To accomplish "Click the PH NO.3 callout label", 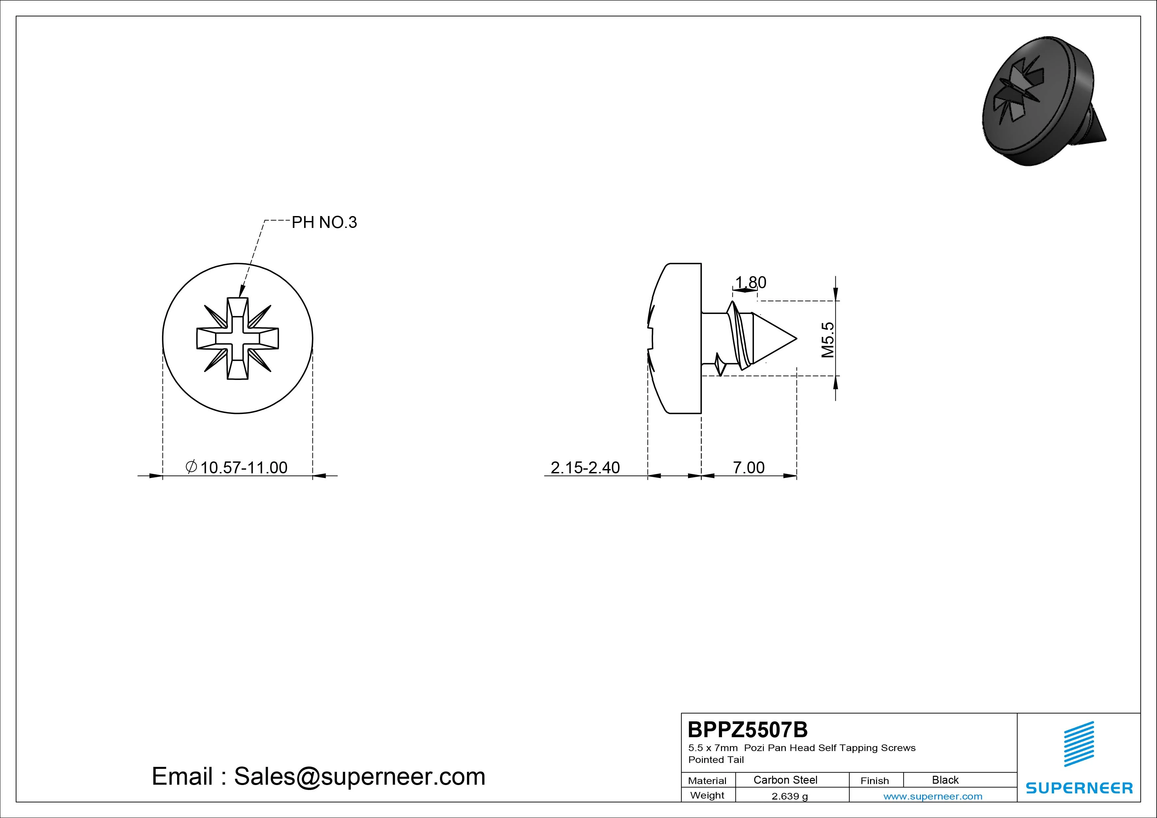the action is [324, 222].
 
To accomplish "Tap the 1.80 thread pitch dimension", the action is [751, 282].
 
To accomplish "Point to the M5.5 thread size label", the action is [828, 340].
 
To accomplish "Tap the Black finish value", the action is [945, 780].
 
